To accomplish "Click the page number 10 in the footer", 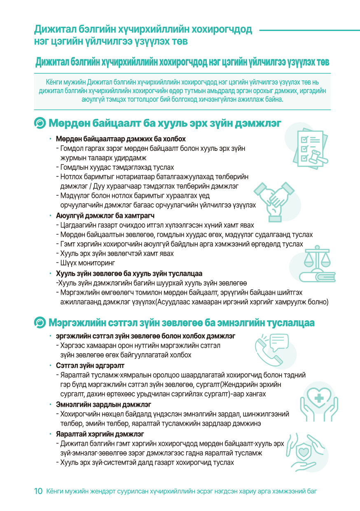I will click(x=38, y=491).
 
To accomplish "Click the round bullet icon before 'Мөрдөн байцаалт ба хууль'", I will click(x=40, y=123).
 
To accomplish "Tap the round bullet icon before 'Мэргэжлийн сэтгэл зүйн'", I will click(x=40, y=322).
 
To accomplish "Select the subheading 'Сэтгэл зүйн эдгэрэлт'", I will click(x=90, y=366).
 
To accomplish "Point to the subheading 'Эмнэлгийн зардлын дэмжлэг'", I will click(x=103, y=404).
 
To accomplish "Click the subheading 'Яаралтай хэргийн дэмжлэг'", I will click(x=100, y=434).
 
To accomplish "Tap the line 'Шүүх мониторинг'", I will click(x=88, y=263).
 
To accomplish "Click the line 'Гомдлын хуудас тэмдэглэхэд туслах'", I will click(x=117, y=167).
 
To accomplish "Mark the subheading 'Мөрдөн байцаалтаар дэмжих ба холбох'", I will click(x=121, y=138).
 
